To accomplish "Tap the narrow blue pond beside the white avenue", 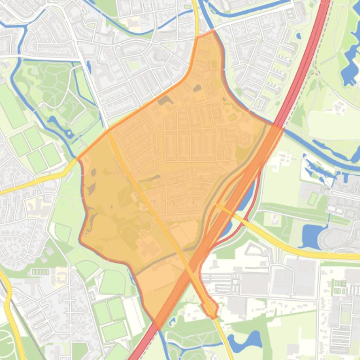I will [53, 122].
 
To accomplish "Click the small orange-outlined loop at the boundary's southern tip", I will [210, 309].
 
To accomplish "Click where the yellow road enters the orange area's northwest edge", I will [109, 132].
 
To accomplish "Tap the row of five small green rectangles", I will [41, 271].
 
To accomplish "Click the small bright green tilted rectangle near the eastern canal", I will [312, 198].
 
